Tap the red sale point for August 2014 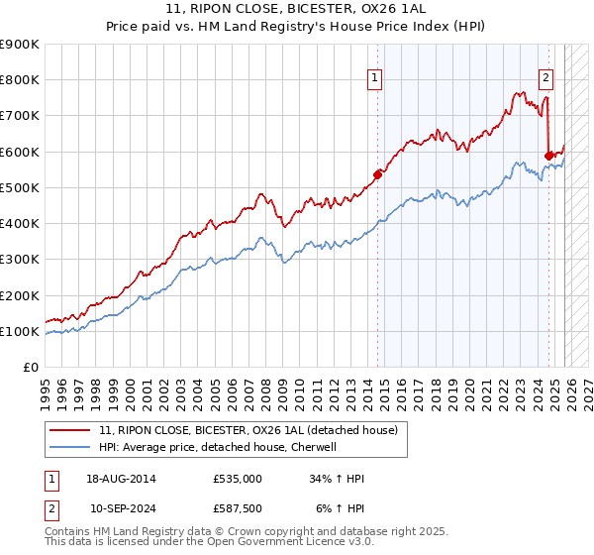coord(377,174)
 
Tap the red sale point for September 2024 coord(549,156)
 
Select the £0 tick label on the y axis coord(30,367)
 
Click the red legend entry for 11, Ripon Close coord(247,430)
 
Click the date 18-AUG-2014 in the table coord(121,479)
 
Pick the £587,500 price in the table coord(238,508)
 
